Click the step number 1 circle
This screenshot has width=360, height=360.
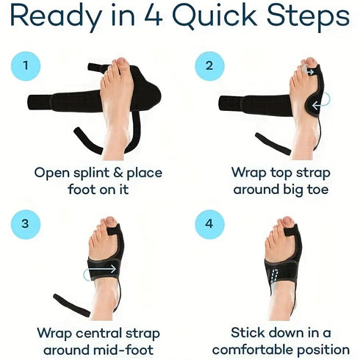pyautogui.click(x=26, y=66)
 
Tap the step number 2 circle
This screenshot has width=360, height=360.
pyautogui.click(x=209, y=66)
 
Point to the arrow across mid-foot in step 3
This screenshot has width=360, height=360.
pyautogui.click(x=101, y=270)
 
